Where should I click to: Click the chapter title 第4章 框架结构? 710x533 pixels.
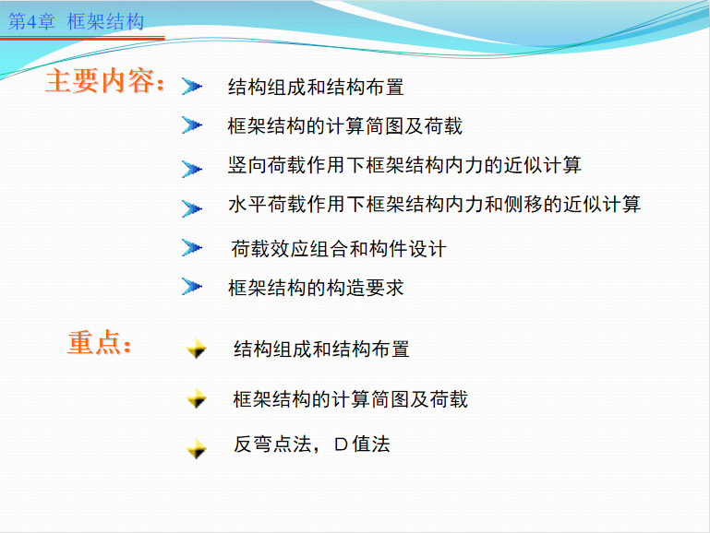(76, 21)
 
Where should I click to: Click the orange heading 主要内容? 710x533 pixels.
(104, 81)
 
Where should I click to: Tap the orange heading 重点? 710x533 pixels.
(99, 342)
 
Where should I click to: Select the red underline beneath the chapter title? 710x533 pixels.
(82, 39)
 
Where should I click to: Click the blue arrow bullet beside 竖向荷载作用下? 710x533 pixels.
(191, 169)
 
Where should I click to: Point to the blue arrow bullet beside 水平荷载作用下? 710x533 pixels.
(191, 208)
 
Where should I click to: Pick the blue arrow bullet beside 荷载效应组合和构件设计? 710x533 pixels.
(191, 248)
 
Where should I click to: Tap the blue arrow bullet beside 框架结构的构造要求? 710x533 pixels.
(191, 286)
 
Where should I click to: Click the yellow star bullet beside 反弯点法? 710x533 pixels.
(197, 449)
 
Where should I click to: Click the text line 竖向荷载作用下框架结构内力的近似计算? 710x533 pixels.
(404, 165)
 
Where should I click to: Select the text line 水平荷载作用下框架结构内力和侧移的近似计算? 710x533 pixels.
(434, 204)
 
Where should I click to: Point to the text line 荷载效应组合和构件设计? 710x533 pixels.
(339, 249)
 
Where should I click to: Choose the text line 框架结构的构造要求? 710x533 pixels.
(316, 288)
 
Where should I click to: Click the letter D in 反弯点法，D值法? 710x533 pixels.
(341, 444)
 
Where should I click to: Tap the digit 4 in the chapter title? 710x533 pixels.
(31, 22)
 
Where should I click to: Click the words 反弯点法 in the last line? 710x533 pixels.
(272, 444)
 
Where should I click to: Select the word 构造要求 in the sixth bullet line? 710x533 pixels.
(365, 288)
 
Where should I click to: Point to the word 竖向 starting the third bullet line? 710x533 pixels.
(247, 165)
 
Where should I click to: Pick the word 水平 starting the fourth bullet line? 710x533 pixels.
(247, 204)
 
